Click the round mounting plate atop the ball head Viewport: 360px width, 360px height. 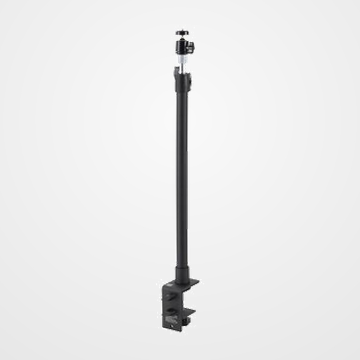(x=182, y=33)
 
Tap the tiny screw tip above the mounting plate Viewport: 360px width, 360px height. (x=182, y=30)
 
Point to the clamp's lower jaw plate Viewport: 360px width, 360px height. (x=190, y=311)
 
